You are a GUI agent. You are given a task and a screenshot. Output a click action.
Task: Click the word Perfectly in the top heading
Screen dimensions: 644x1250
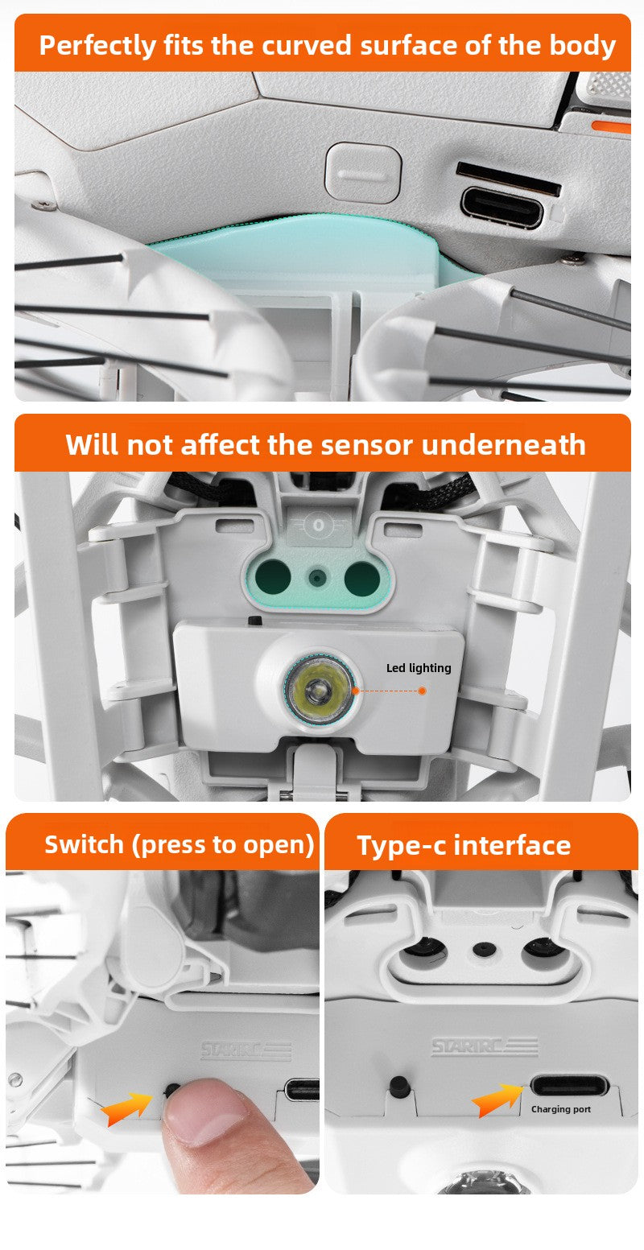coord(97,45)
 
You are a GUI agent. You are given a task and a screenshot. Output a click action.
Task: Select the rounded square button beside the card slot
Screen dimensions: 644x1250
coord(363,172)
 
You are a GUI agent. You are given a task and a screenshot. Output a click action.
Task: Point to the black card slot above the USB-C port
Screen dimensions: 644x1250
coord(509,178)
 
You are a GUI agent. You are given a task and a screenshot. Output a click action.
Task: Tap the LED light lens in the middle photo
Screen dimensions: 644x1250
coord(320,691)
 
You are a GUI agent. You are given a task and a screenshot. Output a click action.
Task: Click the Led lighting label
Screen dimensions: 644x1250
coord(419,668)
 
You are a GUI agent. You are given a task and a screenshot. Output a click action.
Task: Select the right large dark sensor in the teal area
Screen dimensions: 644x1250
coord(362,578)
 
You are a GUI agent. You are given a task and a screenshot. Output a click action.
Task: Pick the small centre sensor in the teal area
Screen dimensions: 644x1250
coord(317,578)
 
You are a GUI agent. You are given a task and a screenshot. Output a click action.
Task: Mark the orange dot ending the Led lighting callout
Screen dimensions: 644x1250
coord(422,691)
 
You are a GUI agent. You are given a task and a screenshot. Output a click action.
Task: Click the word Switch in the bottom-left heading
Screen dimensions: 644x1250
coord(85,844)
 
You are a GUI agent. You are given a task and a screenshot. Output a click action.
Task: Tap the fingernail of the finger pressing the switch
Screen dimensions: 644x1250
coord(205,1112)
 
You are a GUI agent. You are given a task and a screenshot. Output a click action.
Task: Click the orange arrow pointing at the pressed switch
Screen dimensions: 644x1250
coord(126,1106)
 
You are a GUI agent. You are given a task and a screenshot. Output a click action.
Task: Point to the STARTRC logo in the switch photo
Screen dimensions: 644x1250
coord(246,1050)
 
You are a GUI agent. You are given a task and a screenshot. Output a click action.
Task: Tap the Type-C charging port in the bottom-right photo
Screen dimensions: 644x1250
coord(568,1087)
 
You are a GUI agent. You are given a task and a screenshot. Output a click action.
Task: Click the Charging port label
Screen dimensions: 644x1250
coord(560,1109)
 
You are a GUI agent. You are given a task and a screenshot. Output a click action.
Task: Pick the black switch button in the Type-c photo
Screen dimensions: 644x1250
coord(398,1083)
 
